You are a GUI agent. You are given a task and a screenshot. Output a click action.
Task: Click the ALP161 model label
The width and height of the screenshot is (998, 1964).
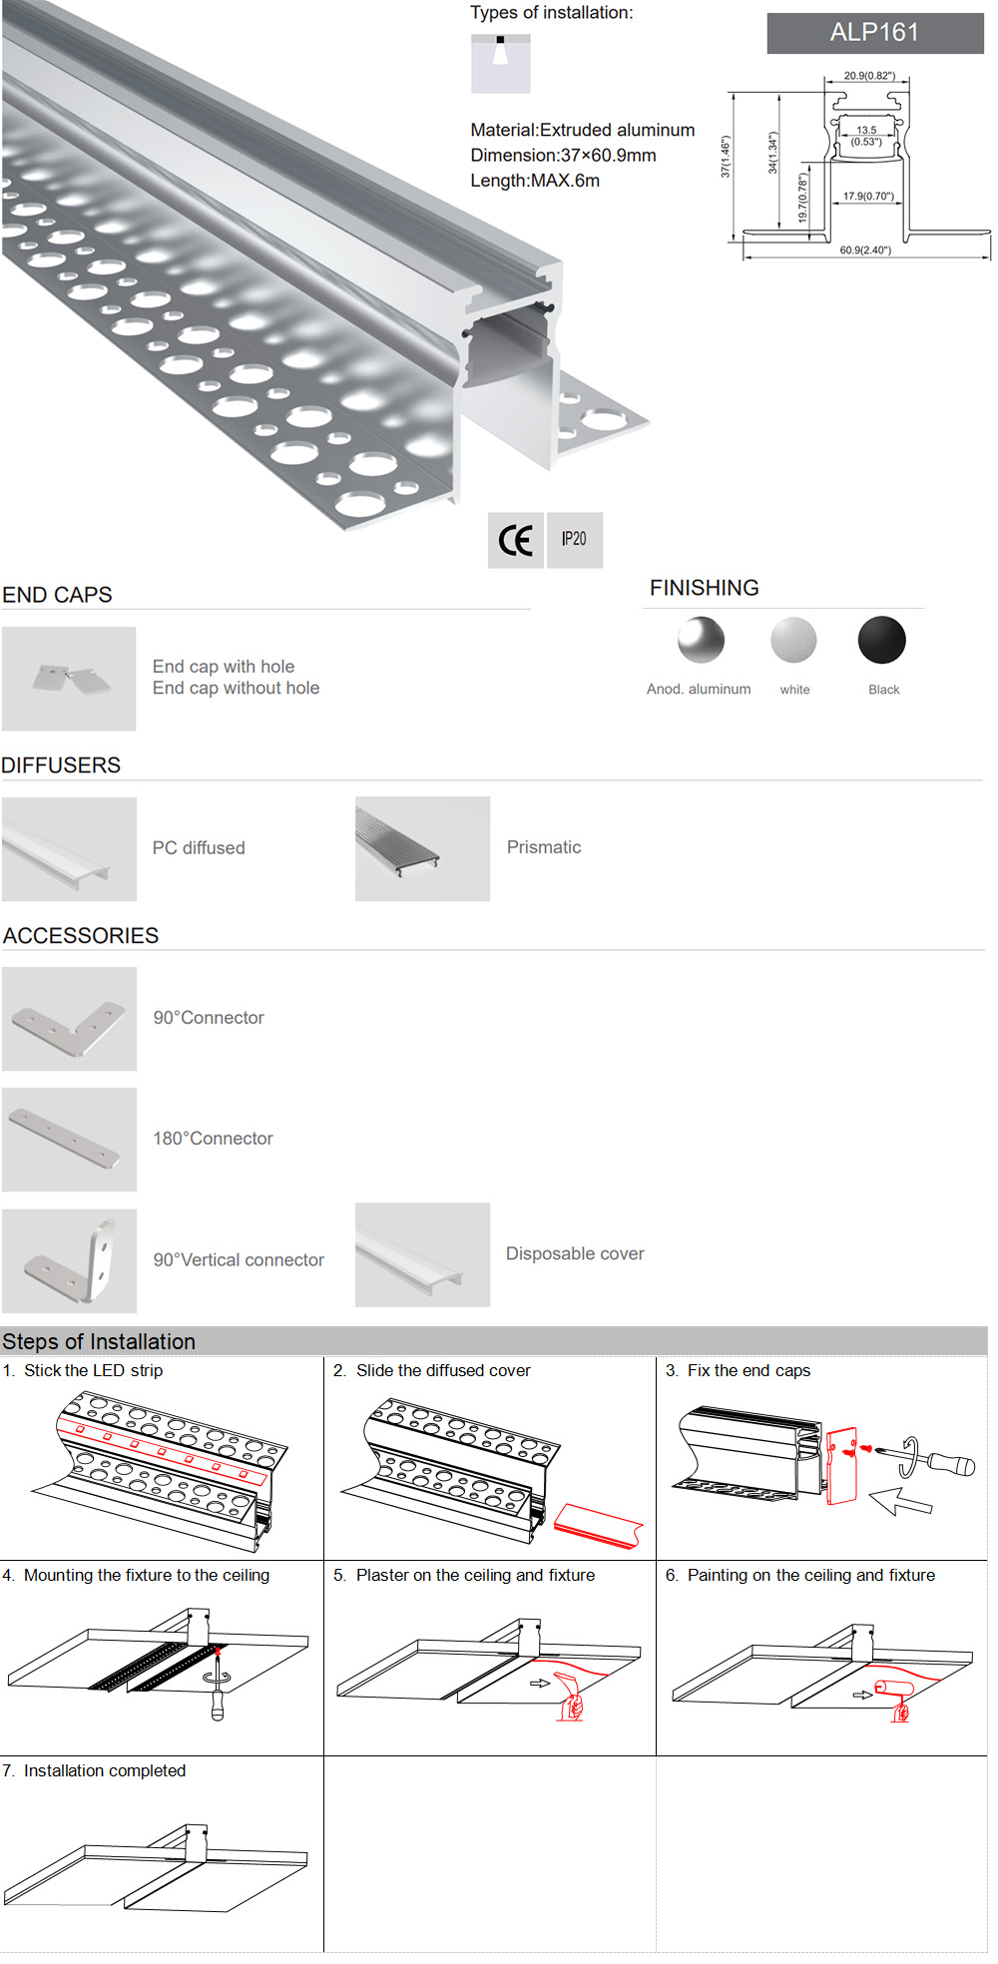point(874,33)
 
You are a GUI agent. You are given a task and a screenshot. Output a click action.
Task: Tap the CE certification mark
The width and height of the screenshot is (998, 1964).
point(515,540)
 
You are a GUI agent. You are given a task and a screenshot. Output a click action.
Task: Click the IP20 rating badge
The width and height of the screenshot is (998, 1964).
point(574,540)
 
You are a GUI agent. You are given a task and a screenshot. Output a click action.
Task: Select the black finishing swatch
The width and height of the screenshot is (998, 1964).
point(881,641)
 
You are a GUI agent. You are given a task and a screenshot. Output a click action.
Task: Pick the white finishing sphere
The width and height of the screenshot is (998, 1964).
point(793,641)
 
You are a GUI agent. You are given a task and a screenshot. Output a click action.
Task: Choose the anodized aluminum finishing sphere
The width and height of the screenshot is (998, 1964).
point(701,641)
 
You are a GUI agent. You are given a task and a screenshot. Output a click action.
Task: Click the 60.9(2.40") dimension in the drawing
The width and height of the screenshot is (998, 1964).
point(864,250)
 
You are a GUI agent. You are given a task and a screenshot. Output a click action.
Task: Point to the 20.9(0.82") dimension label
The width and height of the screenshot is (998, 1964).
point(868,76)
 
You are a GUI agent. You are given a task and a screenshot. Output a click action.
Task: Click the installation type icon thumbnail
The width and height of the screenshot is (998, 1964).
point(500,64)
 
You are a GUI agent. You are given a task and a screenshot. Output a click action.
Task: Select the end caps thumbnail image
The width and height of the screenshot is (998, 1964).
point(69,679)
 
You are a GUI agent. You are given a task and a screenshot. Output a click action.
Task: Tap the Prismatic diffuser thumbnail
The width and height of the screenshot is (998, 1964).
point(422,848)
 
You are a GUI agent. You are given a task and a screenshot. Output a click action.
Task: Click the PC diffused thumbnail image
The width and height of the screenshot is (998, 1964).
point(69,849)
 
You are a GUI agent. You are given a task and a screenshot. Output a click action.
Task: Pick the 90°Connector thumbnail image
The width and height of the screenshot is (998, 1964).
point(69,1019)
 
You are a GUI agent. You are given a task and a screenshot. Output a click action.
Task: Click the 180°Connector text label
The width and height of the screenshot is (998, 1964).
point(213,1139)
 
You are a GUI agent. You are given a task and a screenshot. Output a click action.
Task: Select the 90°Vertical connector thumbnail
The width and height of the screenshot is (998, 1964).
point(69,1260)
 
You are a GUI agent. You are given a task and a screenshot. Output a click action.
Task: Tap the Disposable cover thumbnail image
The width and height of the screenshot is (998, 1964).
point(422,1254)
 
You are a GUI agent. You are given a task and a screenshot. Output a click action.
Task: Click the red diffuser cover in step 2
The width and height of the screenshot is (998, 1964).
point(598,1525)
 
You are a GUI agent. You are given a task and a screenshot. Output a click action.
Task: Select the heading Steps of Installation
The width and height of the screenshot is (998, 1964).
point(99,1341)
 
